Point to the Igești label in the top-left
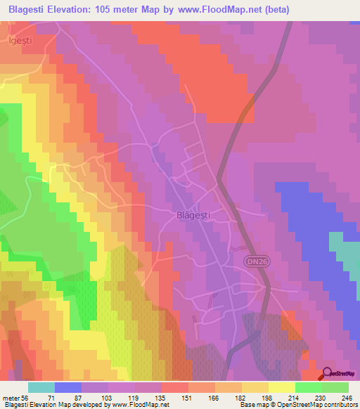[21, 41]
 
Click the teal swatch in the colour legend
[41, 387]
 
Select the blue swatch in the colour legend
[68, 387]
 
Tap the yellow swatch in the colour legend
[281, 387]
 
